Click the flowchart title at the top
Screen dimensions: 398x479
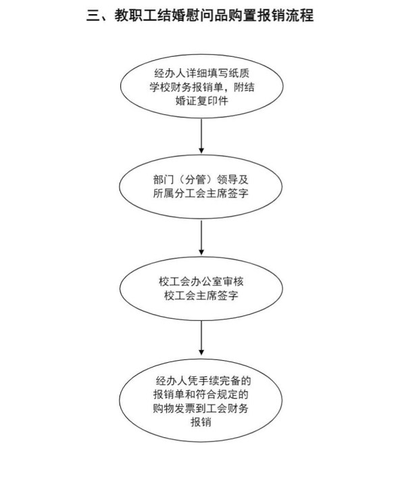tap(200, 16)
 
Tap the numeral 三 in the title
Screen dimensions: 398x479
tap(93, 16)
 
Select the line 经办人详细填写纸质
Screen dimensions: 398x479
tap(201, 74)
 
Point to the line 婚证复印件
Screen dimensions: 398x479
tap(201, 101)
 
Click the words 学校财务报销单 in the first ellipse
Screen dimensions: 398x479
tap(186, 87)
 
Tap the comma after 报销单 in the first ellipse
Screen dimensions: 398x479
tap(228, 90)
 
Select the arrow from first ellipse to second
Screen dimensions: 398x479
tap(201, 136)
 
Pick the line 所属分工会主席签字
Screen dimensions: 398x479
tap(201, 193)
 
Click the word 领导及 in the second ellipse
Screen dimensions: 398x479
tap(232, 180)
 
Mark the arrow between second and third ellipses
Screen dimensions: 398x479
tap(201, 238)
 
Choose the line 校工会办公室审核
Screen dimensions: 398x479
tap(201, 281)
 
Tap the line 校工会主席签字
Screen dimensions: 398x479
tap(201, 295)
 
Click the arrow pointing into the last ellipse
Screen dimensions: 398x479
tap(201, 338)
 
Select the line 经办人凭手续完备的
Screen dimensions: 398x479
tap(203, 381)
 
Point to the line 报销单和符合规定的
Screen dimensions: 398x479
tap(201, 395)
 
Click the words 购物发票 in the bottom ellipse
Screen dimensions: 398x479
tap(174, 409)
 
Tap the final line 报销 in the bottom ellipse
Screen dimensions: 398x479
tap(201, 422)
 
